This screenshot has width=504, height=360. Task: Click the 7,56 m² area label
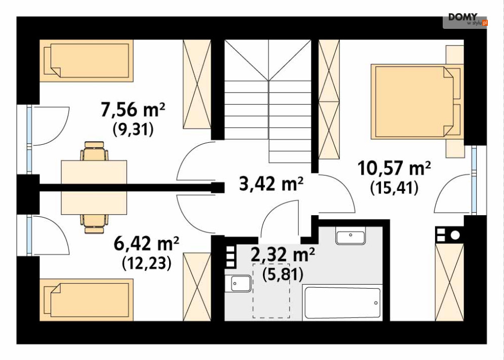[133, 110]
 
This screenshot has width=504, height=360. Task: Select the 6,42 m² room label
[146, 244]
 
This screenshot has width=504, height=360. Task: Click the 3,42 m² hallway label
[272, 184]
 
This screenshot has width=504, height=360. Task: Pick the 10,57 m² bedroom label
[394, 168]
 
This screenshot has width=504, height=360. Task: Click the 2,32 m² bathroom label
[283, 255]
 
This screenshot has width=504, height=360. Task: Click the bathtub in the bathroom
[342, 303]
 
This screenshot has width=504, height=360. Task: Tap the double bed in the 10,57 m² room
[417, 102]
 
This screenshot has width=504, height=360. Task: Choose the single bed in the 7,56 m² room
[87, 61]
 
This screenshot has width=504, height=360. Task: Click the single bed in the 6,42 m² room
[87, 300]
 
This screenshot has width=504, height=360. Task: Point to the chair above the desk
[94, 151]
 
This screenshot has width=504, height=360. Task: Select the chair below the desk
[94, 224]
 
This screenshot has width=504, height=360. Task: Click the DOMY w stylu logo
[465, 20]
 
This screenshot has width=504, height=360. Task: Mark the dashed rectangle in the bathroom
[272, 291]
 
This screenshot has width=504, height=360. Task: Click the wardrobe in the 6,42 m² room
[197, 287]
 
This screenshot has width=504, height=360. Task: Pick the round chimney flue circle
[455, 235]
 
